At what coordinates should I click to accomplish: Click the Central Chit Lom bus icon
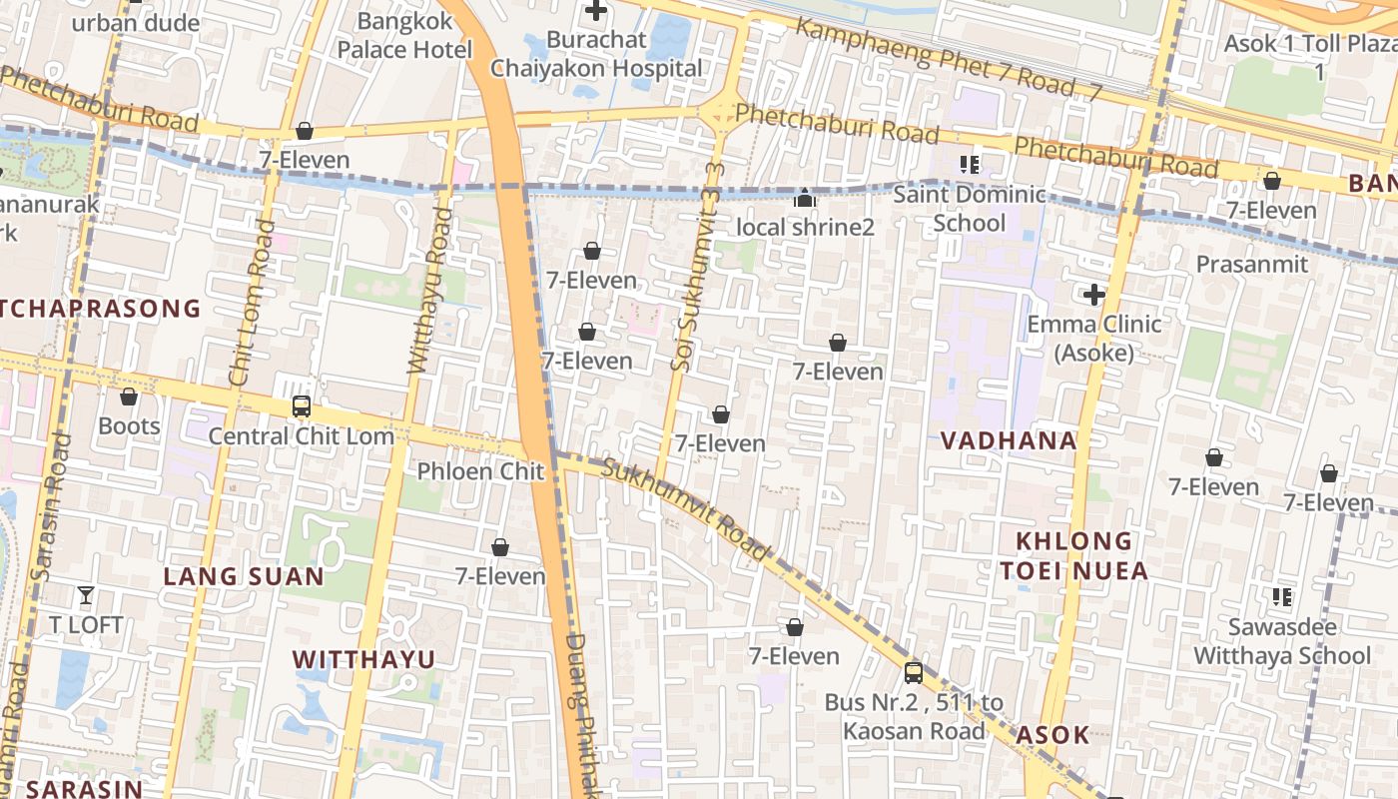click(301, 406)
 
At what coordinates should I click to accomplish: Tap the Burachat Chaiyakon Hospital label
click(596, 55)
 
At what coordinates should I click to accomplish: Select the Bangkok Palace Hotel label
click(404, 35)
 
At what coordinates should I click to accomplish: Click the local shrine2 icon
click(805, 199)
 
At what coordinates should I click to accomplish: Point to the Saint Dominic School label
click(969, 208)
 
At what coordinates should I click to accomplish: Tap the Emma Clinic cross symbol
click(1094, 295)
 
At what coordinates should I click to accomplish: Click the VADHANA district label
click(1009, 440)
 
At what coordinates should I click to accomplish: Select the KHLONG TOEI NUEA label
click(1073, 556)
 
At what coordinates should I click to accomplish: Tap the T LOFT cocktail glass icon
click(86, 595)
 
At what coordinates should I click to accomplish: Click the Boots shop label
click(129, 426)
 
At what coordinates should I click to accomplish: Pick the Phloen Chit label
click(480, 471)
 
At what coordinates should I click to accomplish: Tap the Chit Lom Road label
click(251, 302)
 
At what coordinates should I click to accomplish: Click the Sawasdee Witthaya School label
click(1282, 641)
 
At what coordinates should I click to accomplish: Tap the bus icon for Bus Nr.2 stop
click(913, 672)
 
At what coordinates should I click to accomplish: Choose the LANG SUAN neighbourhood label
click(244, 576)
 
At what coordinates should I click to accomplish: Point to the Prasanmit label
click(1251, 264)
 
